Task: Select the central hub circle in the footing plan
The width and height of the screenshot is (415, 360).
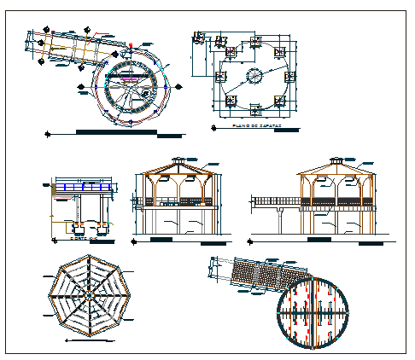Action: (255, 76)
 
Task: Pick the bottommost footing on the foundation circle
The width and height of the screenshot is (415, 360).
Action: (255, 107)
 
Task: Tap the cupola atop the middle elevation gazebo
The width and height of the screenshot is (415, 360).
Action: (178, 160)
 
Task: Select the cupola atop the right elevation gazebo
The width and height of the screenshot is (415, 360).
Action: (335, 160)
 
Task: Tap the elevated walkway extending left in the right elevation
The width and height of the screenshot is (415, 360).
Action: (273, 201)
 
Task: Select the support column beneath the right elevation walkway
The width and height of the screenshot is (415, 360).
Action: (281, 220)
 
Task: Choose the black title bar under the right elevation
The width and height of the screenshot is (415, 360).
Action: (320, 241)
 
